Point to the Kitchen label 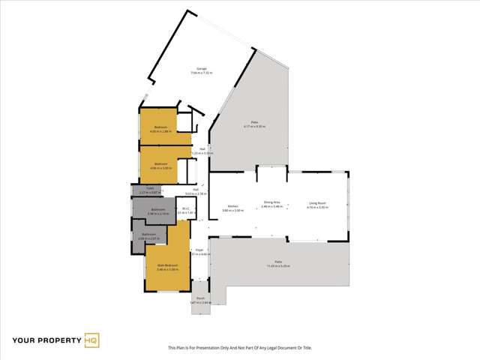tap(232, 207)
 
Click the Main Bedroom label tap(167, 266)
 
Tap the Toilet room tap(150, 190)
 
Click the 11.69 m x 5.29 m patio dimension tap(277, 266)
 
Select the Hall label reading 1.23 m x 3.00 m tap(202, 153)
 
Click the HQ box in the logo tap(91, 340)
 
